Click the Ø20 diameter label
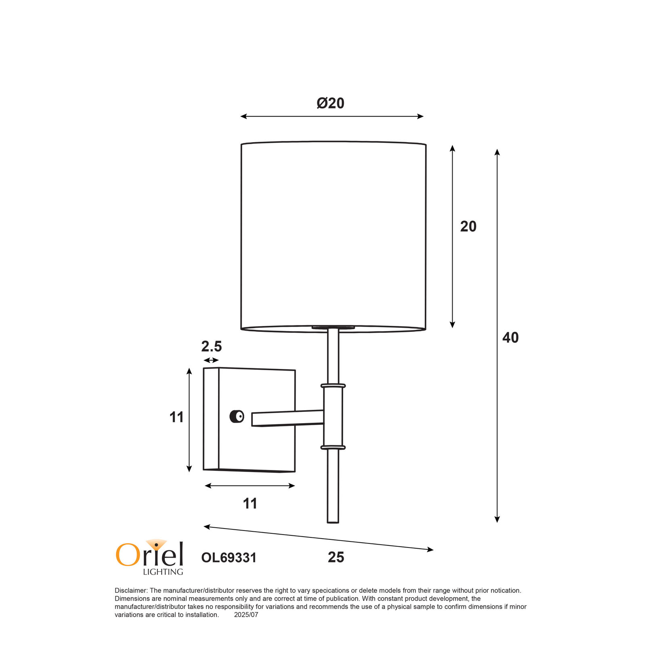(330, 103)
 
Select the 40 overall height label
(510, 338)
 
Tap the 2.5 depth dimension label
(212, 346)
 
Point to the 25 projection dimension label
(336, 557)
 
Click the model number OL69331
(229, 558)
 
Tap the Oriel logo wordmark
(150, 553)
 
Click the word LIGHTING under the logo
(163, 572)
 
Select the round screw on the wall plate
(237, 416)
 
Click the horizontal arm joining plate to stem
(287, 418)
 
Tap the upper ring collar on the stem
(333, 386)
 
